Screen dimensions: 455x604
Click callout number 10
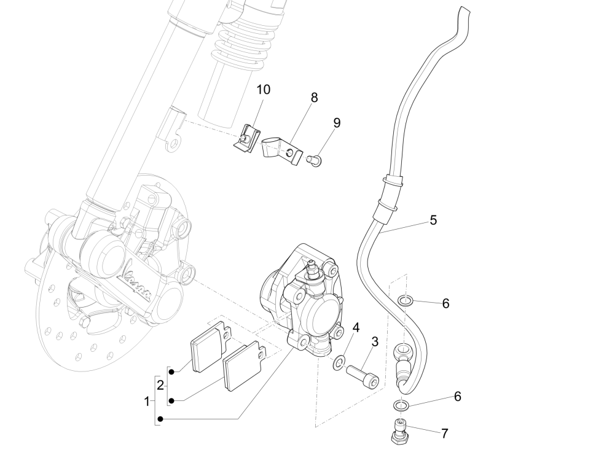pyautogui.click(x=263, y=90)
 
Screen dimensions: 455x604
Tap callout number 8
pyautogui.click(x=314, y=98)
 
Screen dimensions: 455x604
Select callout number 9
pyautogui.click(x=337, y=122)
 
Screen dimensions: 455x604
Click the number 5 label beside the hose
pyautogui.click(x=433, y=219)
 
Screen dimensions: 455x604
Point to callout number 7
pyautogui.click(x=444, y=433)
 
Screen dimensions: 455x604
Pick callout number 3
pyautogui.click(x=374, y=341)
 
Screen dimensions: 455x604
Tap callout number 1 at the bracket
pyautogui.click(x=147, y=402)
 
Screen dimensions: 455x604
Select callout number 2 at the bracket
pyautogui.click(x=160, y=386)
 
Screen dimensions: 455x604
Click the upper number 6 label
pyautogui.click(x=445, y=303)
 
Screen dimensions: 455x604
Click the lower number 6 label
pyautogui.click(x=457, y=397)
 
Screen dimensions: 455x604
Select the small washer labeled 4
pyautogui.click(x=339, y=364)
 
